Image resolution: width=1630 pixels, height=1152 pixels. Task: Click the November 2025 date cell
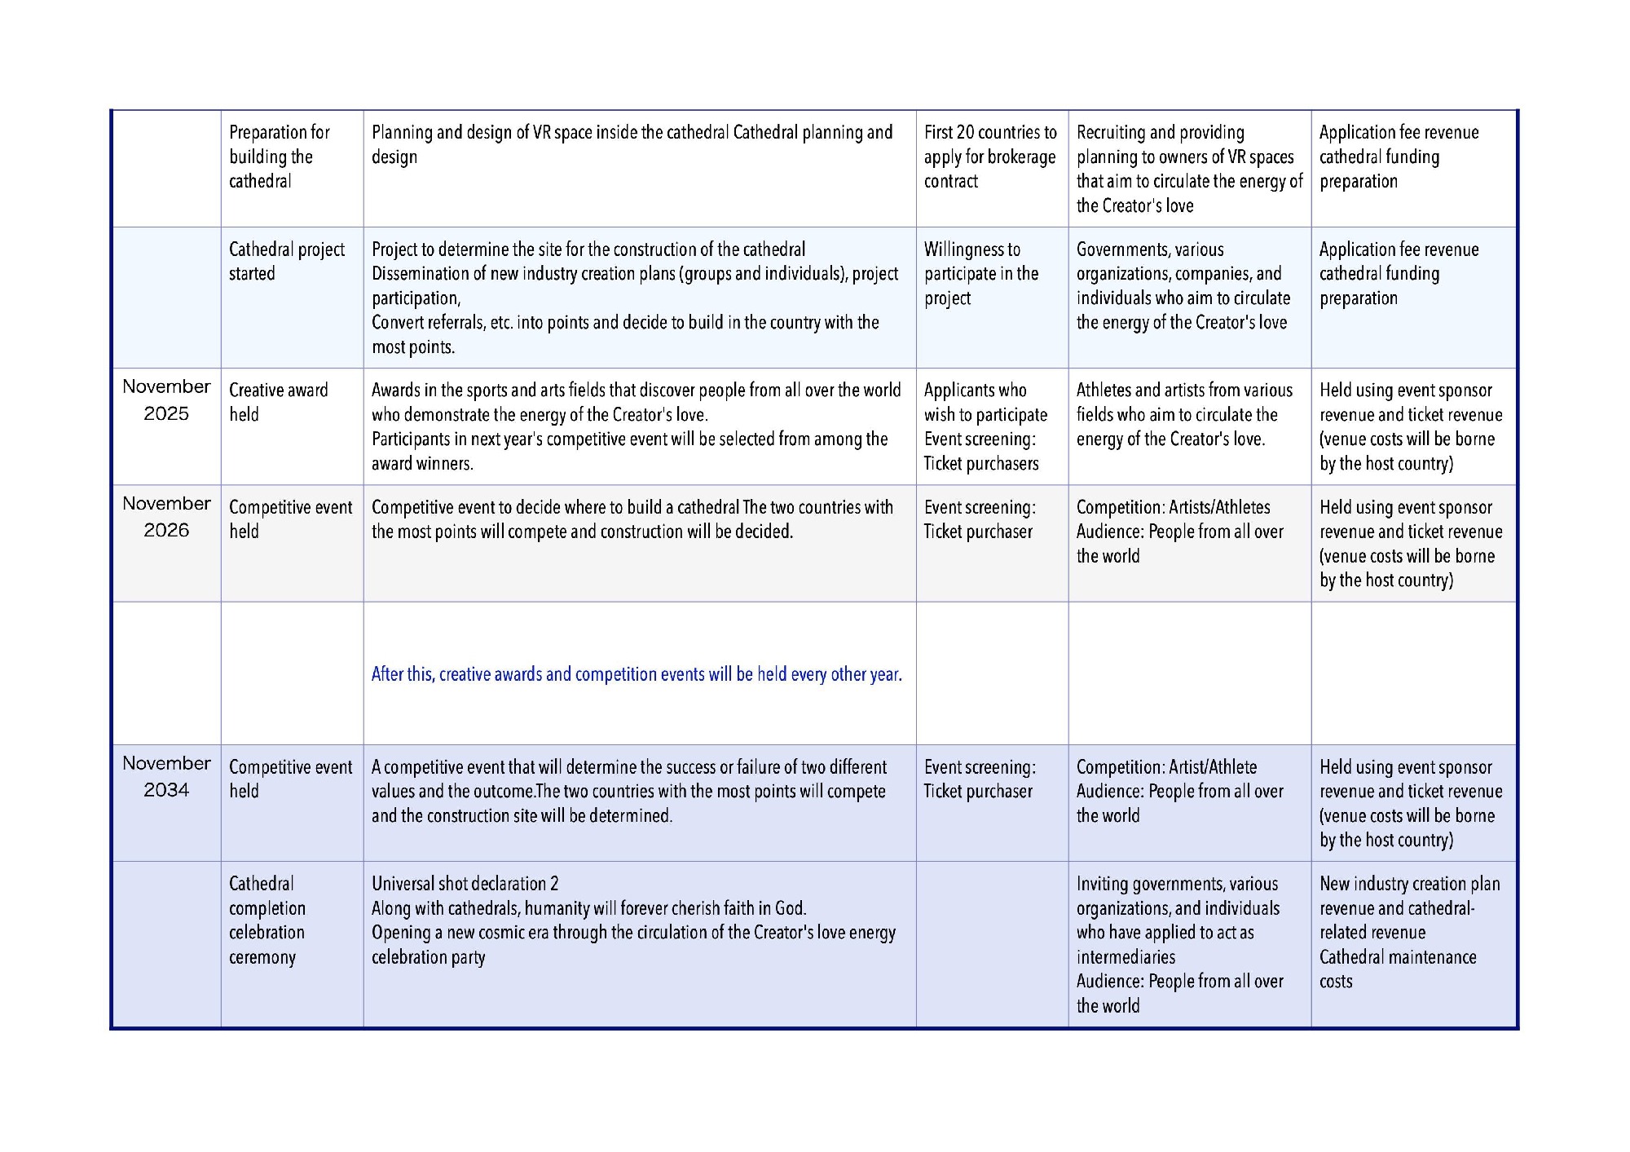click(x=166, y=400)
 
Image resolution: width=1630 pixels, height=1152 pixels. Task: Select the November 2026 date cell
click(x=166, y=517)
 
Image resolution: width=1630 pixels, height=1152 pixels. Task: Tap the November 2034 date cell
click(x=166, y=776)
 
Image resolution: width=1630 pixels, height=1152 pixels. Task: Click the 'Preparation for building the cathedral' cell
click(x=279, y=157)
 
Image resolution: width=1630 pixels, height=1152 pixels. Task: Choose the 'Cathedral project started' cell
click(x=286, y=262)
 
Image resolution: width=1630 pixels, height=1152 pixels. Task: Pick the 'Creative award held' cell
click(x=278, y=402)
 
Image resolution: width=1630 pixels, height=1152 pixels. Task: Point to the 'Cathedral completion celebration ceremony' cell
click(x=267, y=920)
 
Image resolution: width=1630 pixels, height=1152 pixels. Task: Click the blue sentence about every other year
click(x=636, y=674)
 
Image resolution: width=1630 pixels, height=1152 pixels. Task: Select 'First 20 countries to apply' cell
click(x=989, y=157)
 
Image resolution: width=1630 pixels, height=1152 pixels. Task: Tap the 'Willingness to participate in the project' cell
click(x=980, y=274)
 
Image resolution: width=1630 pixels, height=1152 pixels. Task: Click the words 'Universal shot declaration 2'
click(x=465, y=884)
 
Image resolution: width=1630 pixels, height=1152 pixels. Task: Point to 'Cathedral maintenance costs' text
click(x=1397, y=969)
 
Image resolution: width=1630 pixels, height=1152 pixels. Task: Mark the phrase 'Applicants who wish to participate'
click(x=985, y=403)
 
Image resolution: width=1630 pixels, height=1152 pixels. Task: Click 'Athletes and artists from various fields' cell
click(x=1183, y=414)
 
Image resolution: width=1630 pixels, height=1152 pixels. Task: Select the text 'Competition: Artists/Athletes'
click(x=1173, y=507)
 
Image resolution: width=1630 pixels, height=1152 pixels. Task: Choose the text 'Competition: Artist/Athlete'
click(x=1166, y=767)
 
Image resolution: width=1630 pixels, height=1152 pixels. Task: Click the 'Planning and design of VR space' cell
click(x=632, y=144)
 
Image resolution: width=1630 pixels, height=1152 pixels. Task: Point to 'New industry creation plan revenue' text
click(x=1408, y=896)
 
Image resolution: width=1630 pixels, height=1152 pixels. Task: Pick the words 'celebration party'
click(x=428, y=957)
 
